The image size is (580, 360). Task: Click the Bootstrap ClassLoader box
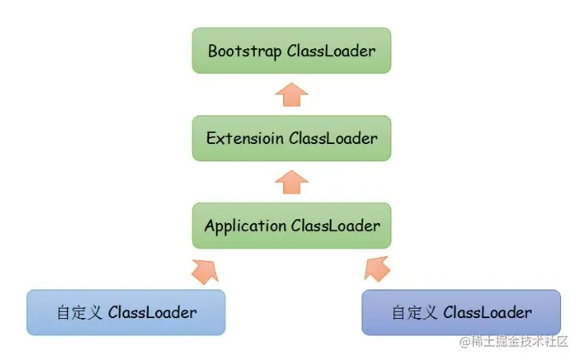coord(291,51)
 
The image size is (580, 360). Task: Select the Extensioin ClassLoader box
coord(291,138)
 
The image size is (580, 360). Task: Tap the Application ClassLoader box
coord(291,225)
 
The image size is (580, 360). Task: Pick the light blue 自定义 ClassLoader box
coord(126,313)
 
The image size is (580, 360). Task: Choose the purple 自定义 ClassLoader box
coord(461,313)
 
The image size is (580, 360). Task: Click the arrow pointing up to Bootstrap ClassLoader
coord(291,95)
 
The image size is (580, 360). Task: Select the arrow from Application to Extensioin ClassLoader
coord(291,182)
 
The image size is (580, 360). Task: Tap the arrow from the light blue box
coord(205,271)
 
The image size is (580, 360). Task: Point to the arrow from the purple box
coord(377,269)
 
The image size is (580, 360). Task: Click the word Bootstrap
coord(245,51)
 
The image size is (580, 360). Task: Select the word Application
coord(245,226)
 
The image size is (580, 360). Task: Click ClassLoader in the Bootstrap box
coord(332,51)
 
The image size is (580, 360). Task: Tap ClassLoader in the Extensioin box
coord(333,138)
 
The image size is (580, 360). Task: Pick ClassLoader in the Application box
coord(335,225)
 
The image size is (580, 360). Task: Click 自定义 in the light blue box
coord(79,313)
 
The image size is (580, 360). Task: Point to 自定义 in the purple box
coord(415,313)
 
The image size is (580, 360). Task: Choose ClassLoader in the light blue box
coord(153,313)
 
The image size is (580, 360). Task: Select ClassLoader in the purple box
coord(488,313)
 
